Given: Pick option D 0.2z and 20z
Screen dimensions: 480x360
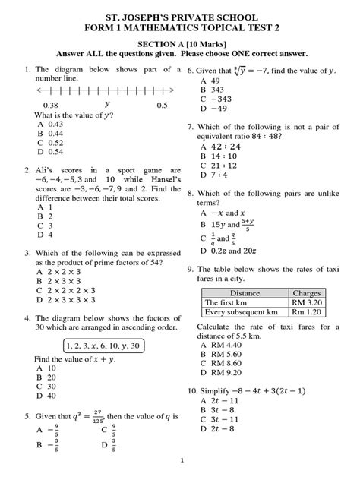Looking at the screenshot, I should tap(225, 250).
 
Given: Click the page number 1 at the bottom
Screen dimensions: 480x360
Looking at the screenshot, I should tap(181, 461).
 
